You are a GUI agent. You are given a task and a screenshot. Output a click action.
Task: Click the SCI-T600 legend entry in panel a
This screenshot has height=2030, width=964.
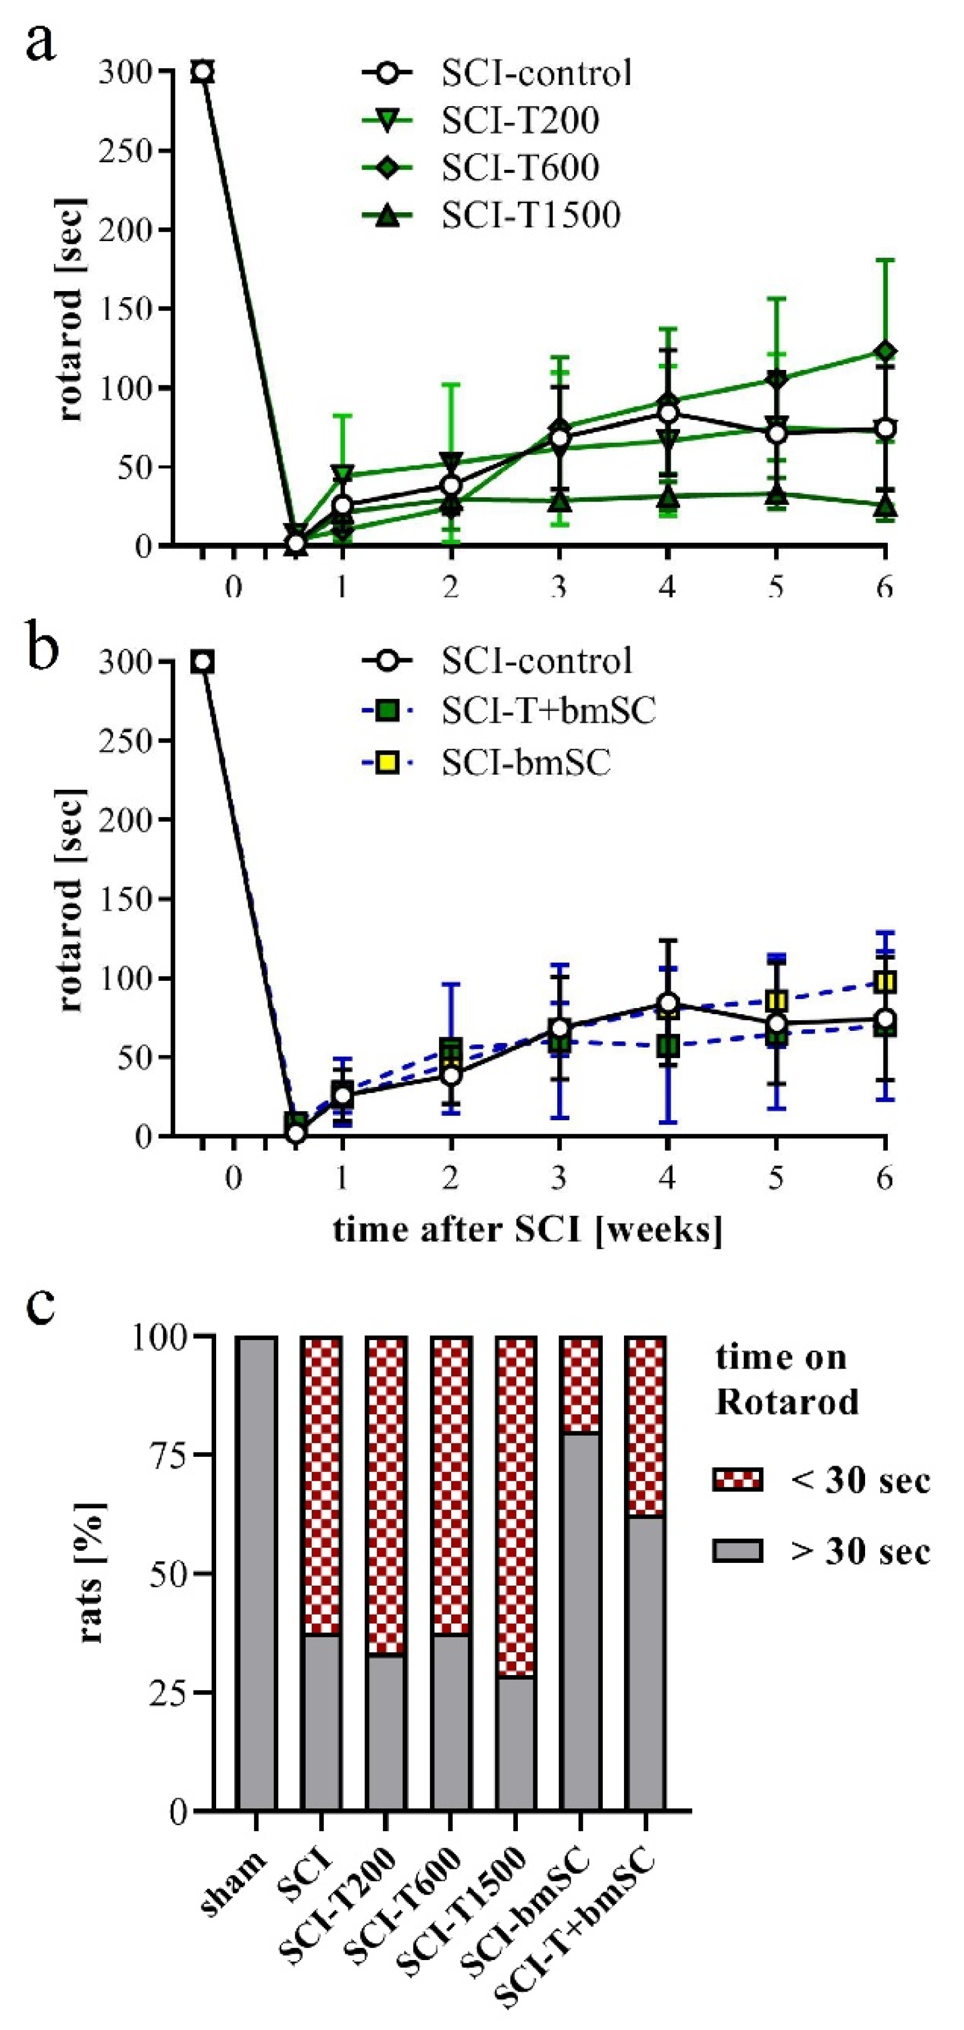(x=520, y=168)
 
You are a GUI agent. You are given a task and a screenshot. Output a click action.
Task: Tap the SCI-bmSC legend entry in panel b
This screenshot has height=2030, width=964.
(x=526, y=763)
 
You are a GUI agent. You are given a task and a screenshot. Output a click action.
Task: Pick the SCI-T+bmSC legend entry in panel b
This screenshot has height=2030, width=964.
(x=548, y=711)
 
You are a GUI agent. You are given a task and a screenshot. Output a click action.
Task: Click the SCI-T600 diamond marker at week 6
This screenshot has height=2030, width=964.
(x=885, y=350)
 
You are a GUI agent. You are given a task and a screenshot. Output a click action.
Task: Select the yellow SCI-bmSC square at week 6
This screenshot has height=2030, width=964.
(x=885, y=982)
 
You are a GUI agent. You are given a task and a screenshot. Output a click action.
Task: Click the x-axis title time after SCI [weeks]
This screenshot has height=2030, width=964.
(x=527, y=1229)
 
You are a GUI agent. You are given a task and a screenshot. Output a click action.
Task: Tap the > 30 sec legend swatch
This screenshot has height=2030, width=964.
(x=737, y=1551)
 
